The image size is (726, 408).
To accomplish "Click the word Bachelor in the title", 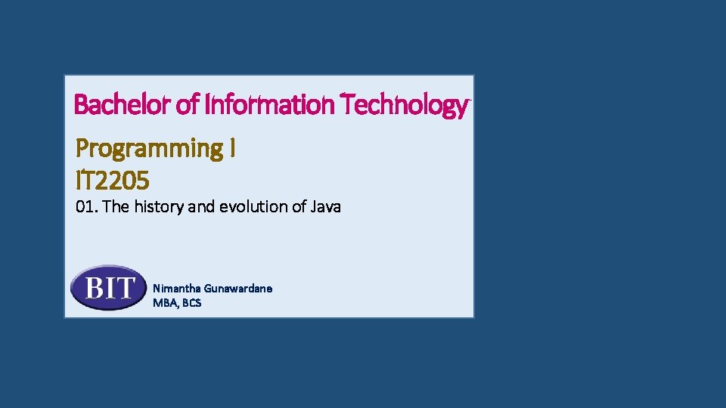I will pos(123,105).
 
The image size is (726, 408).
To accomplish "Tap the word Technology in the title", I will pos(403,105).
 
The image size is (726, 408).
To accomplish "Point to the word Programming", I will pos(148,149).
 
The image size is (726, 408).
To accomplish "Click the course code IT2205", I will pos(113,181).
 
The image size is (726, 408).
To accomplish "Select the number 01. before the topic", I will pos(87,206).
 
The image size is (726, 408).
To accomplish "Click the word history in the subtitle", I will pos(159,206).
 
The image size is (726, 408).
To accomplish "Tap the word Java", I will pos(326,206).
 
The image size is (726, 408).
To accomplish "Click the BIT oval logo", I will pos(108,288).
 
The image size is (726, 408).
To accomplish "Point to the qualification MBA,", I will pos(166,303).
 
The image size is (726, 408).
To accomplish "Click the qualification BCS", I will pos(191,303).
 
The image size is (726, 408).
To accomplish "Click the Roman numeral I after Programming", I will pos(231,149).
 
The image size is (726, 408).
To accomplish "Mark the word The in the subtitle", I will pos(116,206).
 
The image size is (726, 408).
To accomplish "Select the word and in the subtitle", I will pos(201,206).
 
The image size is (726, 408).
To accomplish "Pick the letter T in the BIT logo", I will pos(128,288).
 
